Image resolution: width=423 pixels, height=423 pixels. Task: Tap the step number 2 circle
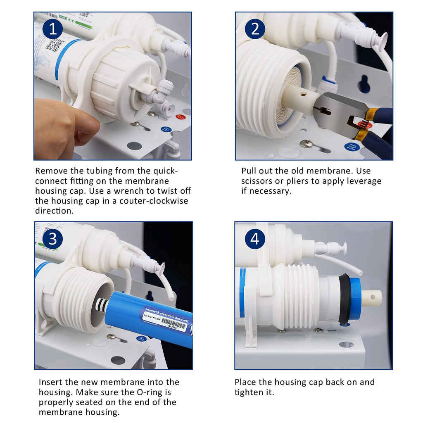pos(255,29)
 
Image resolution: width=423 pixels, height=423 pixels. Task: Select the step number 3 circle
pos(52,239)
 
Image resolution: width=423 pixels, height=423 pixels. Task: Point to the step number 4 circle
pos(255,239)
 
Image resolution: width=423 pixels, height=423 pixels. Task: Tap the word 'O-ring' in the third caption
pos(156,392)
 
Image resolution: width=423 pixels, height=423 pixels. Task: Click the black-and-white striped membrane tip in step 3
pos(102,306)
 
